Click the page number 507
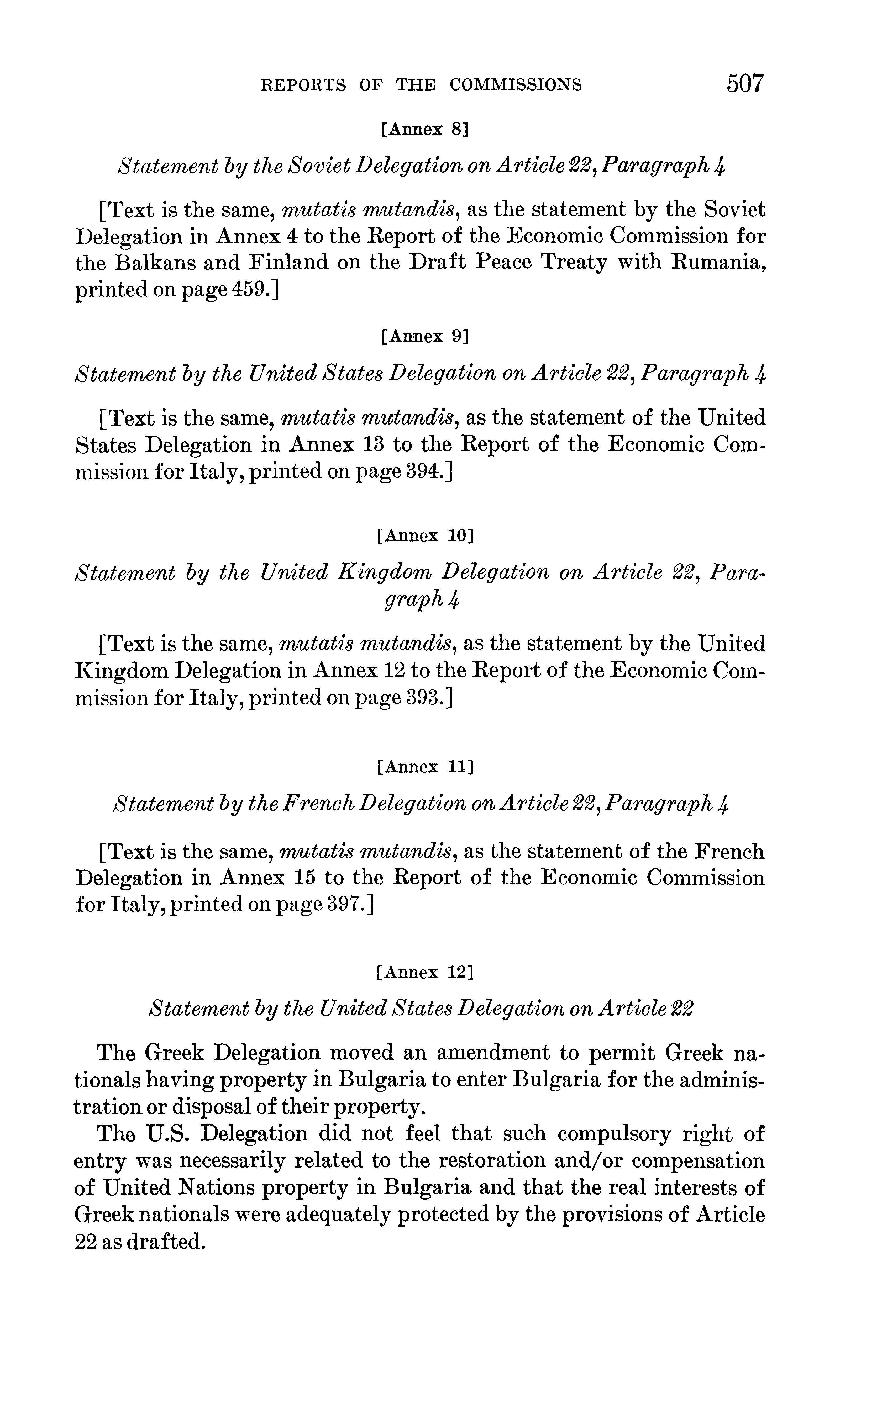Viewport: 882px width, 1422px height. click(744, 83)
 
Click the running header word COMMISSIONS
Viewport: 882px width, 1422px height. click(516, 85)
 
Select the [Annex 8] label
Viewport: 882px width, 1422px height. click(424, 129)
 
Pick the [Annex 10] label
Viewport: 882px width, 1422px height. click(424, 535)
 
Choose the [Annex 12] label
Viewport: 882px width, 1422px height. click(424, 972)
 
